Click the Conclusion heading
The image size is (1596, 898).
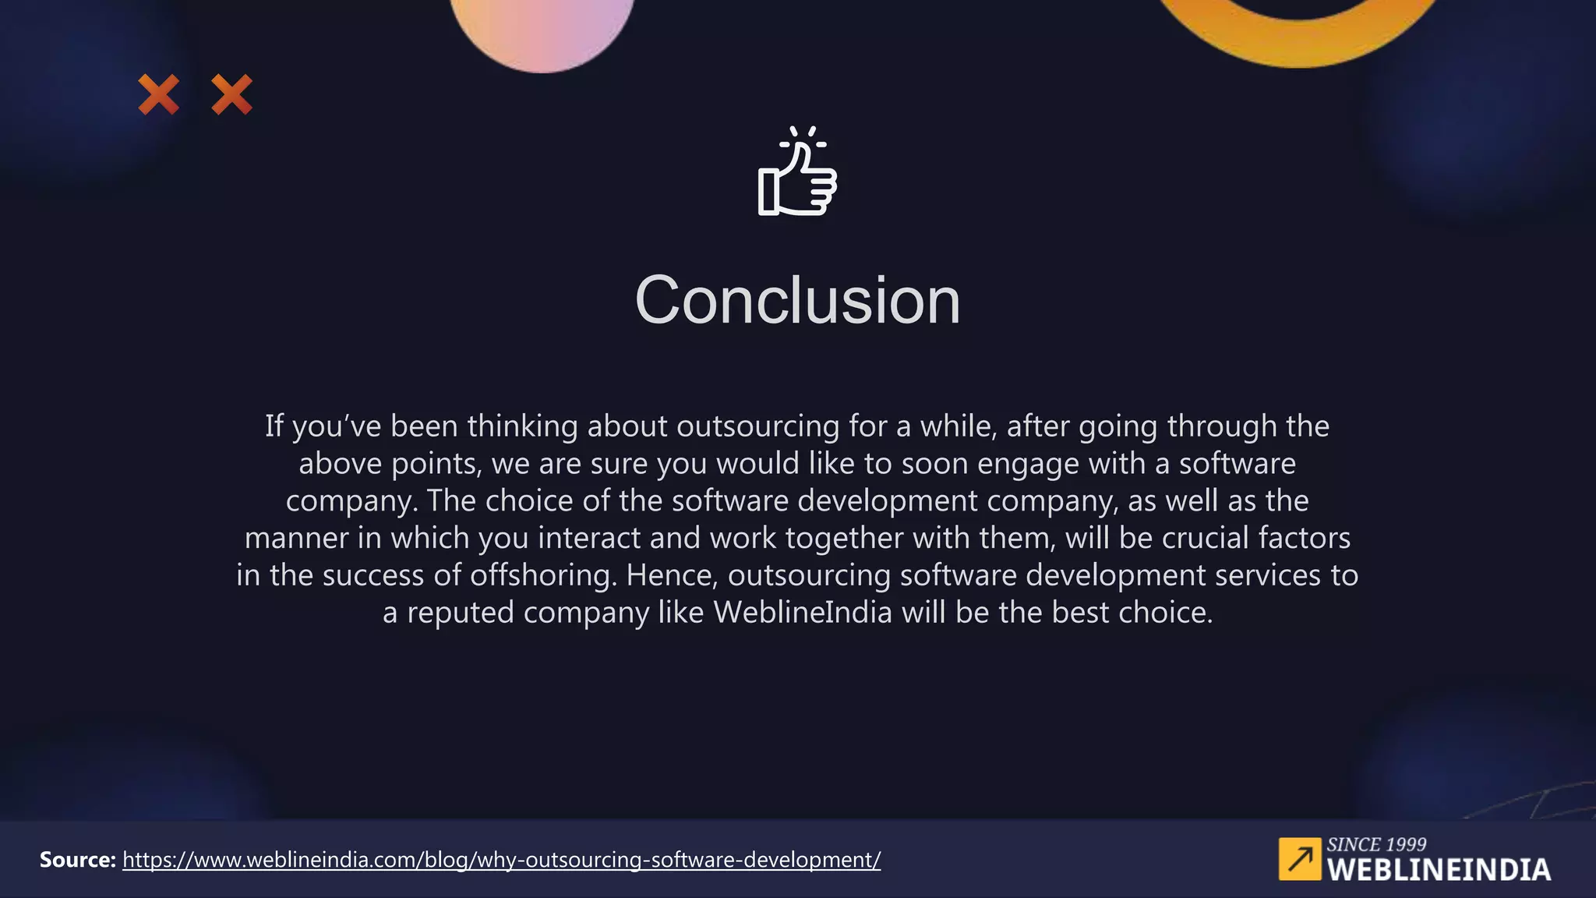797,301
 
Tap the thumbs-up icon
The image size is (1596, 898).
797,173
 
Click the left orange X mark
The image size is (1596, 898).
159,94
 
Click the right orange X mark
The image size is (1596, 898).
232,94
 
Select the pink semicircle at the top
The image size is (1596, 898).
542,31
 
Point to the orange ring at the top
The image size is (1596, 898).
1297,39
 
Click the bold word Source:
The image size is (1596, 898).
78,860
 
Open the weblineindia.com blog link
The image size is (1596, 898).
501,860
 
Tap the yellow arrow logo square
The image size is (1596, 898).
1299,859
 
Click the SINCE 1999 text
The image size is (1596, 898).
1376,844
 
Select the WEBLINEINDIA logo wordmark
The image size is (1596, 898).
1439,870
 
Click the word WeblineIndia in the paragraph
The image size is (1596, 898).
803,613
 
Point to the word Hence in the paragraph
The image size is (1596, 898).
671,575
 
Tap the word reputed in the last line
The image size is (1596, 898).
460,613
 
